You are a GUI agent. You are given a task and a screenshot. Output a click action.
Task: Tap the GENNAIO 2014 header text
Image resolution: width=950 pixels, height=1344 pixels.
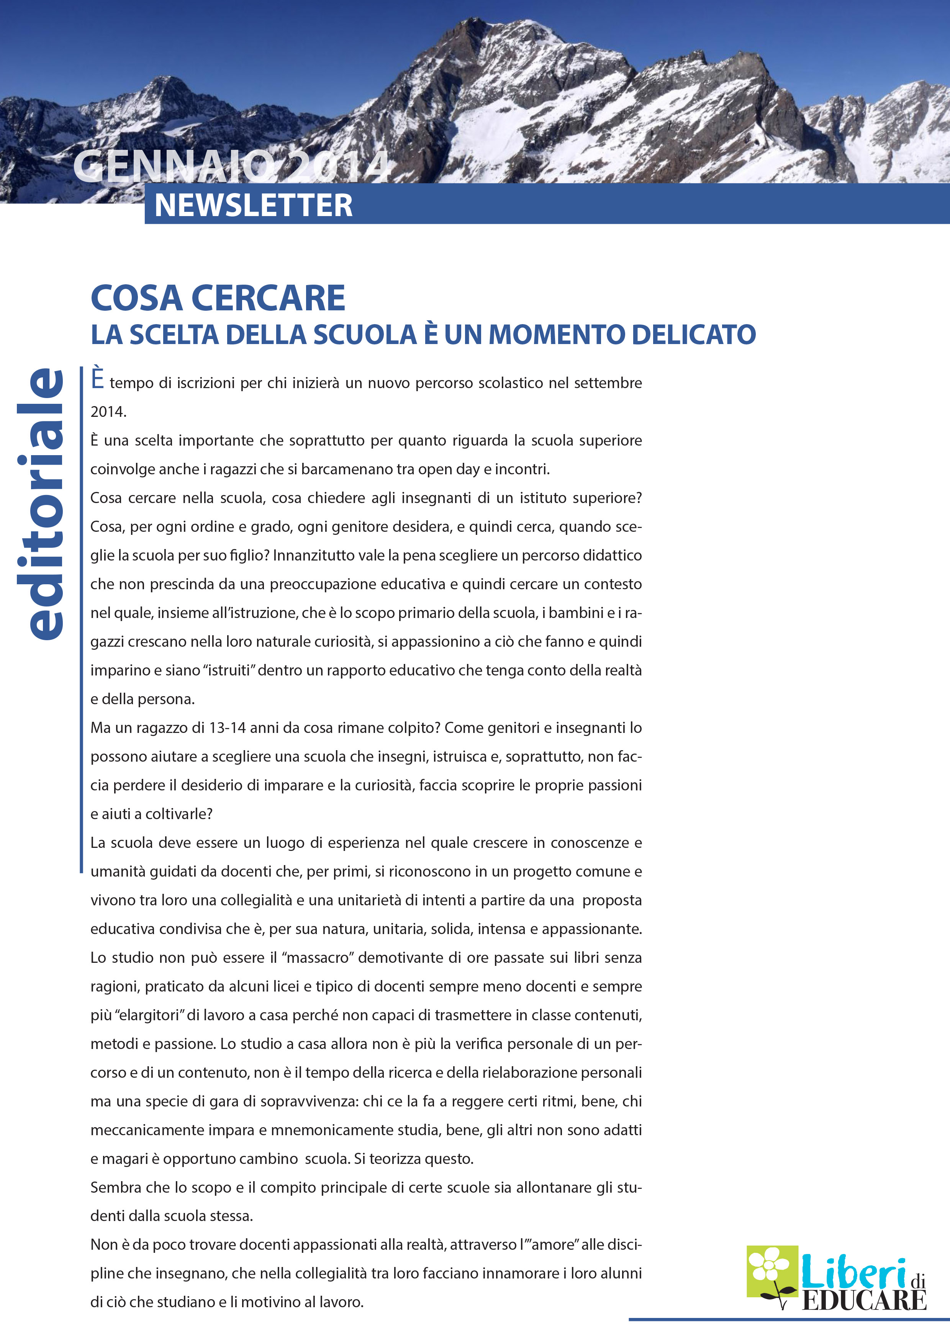(x=231, y=167)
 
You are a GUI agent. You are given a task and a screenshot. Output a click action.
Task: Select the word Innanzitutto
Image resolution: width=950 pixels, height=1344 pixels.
(x=313, y=556)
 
